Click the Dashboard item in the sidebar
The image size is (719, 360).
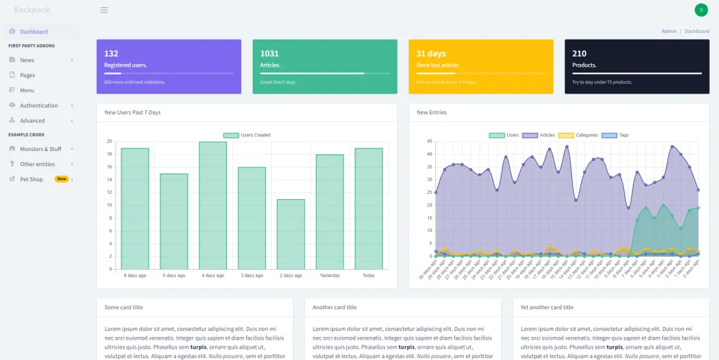33,32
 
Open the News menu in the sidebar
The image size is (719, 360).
27,60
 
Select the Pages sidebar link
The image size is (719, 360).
27,75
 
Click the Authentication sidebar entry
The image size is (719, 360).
38,105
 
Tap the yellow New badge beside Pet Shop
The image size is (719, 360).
61,179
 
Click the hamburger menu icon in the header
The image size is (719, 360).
104,10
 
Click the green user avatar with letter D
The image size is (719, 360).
701,10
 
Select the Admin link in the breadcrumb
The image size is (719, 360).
669,31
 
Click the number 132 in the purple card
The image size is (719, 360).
111,53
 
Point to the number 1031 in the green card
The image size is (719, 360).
269,53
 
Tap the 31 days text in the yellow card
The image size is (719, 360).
431,53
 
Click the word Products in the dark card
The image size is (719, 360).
584,65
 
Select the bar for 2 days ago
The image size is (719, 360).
290,234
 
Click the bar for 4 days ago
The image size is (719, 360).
212,205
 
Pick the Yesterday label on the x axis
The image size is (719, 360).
329,276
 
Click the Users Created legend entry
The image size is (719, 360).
247,135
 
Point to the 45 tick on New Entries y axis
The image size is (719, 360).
429,141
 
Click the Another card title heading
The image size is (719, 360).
334,307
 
